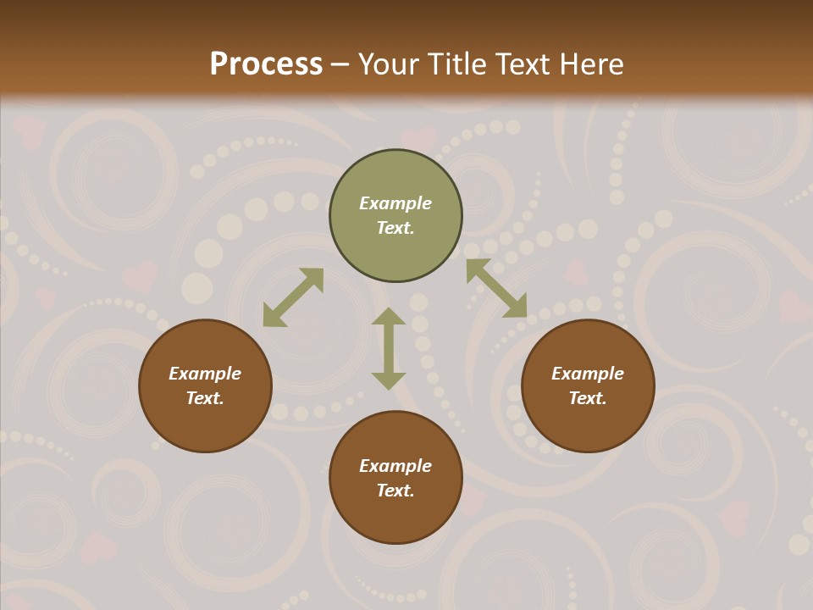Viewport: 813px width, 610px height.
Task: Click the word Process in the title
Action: tap(266, 64)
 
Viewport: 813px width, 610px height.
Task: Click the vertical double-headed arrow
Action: tap(389, 348)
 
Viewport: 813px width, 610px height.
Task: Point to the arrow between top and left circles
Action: tap(293, 297)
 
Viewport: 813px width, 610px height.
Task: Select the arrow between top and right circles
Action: tap(496, 288)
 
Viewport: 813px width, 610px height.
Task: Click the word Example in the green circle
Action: tap(395, 203)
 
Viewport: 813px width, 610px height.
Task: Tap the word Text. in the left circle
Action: tap(205, 398)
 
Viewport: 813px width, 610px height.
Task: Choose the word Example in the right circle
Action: tap(588, 374)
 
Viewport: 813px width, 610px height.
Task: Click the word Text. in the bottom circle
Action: tap(395, 491)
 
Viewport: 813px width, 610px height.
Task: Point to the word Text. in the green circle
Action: tap(395, 228)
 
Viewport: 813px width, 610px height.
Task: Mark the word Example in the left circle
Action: tap(205, 374)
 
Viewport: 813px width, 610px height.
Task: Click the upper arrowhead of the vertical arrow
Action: tap(389, 316)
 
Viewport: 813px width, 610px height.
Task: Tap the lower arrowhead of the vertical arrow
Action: tap(389, 380)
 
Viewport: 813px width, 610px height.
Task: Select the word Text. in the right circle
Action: tap(588, 398)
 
